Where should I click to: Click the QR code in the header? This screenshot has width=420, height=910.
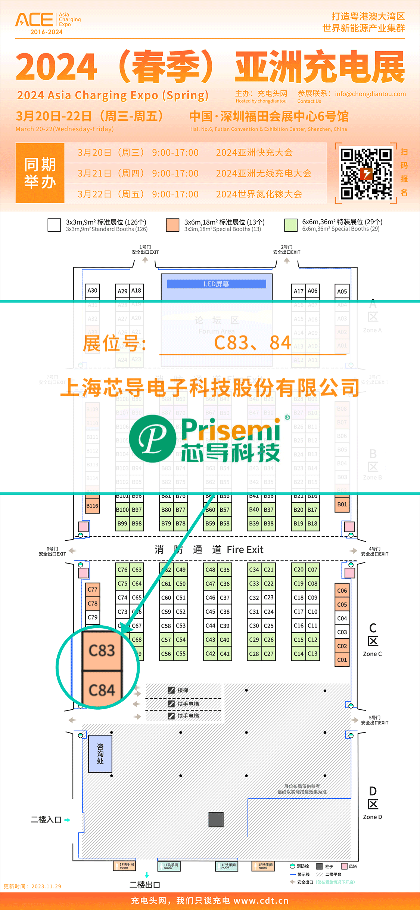[366, 173]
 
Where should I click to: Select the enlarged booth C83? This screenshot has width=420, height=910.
[102, 651]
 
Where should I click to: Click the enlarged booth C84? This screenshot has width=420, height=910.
[102, 690]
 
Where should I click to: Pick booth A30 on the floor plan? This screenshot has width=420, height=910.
[92, 291]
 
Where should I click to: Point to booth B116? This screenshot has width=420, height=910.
[92, 506]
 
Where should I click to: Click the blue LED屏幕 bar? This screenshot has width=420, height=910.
[217, 284]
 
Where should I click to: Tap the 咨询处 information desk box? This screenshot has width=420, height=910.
[100, 754]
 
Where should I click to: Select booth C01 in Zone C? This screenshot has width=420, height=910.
[342, 660]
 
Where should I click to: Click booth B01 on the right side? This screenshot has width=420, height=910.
[342, 505]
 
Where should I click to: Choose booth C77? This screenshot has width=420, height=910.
[92, 590]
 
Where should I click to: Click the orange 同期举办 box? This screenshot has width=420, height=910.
[40, 173]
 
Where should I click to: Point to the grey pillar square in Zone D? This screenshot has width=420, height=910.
[216, 820]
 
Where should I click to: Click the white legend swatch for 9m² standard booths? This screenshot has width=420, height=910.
[54, 225]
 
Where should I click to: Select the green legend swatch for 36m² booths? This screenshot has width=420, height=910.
[290, 225]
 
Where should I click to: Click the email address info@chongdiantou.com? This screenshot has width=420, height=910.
[370, 94]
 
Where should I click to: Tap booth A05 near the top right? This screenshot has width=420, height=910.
[342, 291]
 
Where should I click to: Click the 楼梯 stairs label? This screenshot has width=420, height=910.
[183, 690]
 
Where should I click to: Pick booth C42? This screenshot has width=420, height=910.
[210, 654]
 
